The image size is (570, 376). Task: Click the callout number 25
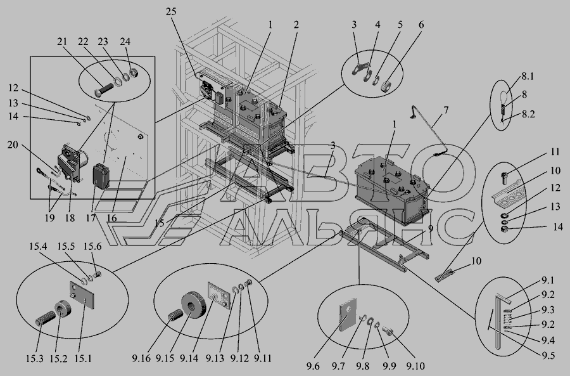[171, 11]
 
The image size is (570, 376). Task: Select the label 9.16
[141, 358]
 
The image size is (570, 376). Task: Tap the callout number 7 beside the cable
[446, 110]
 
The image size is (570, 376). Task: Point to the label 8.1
[528, 77]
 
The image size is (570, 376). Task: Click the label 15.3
[35, 358]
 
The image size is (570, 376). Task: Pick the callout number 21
[62, 41]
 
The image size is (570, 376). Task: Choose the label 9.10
[415, 366]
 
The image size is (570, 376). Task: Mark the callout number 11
[555, 152]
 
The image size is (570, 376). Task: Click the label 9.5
[548, 355]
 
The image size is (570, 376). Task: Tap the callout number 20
[13, 145]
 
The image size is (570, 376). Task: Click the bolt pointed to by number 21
[104, 90]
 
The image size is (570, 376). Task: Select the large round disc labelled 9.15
[194, 306]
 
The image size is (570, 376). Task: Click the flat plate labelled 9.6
[348, 314]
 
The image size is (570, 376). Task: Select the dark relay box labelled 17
[101, 176]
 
